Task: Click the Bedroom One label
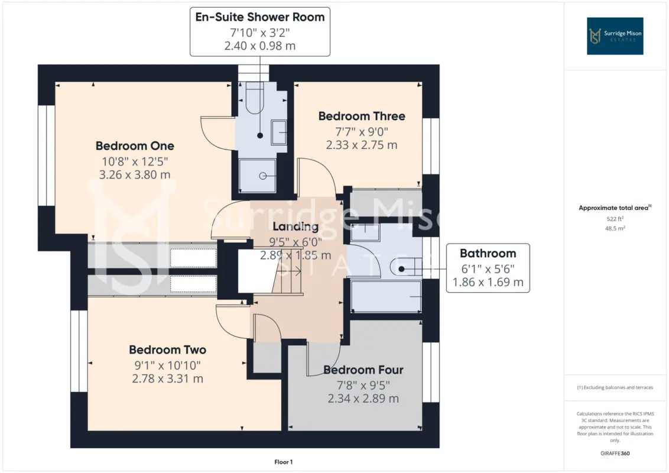(135, 146)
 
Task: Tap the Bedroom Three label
(362, 116)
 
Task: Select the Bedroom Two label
(168, 350)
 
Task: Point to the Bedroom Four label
(363, 370)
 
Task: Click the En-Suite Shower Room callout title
(260, 17)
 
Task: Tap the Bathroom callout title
(488, 254)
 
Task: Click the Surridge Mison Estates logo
(615, 36)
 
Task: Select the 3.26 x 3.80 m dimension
(135, 174)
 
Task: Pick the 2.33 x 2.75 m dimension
(362, 145)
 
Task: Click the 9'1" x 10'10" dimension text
(168, 365)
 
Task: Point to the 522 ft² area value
(615, 219)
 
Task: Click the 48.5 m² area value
(615, 228)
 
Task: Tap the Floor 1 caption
(283, 462)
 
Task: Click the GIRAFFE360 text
(615, 453)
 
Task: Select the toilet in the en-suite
(255, 98)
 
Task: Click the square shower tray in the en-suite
(257, 176)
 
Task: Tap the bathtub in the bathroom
(386, 296)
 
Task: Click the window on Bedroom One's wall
(47, 155)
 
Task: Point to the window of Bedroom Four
(431, 372)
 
